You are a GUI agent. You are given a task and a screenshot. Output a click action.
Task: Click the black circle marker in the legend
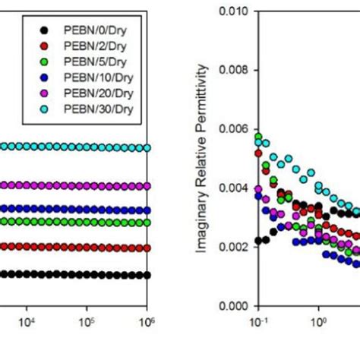click(x=46, y=30)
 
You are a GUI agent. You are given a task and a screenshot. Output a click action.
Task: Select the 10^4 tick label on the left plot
click(x=27, y=322)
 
